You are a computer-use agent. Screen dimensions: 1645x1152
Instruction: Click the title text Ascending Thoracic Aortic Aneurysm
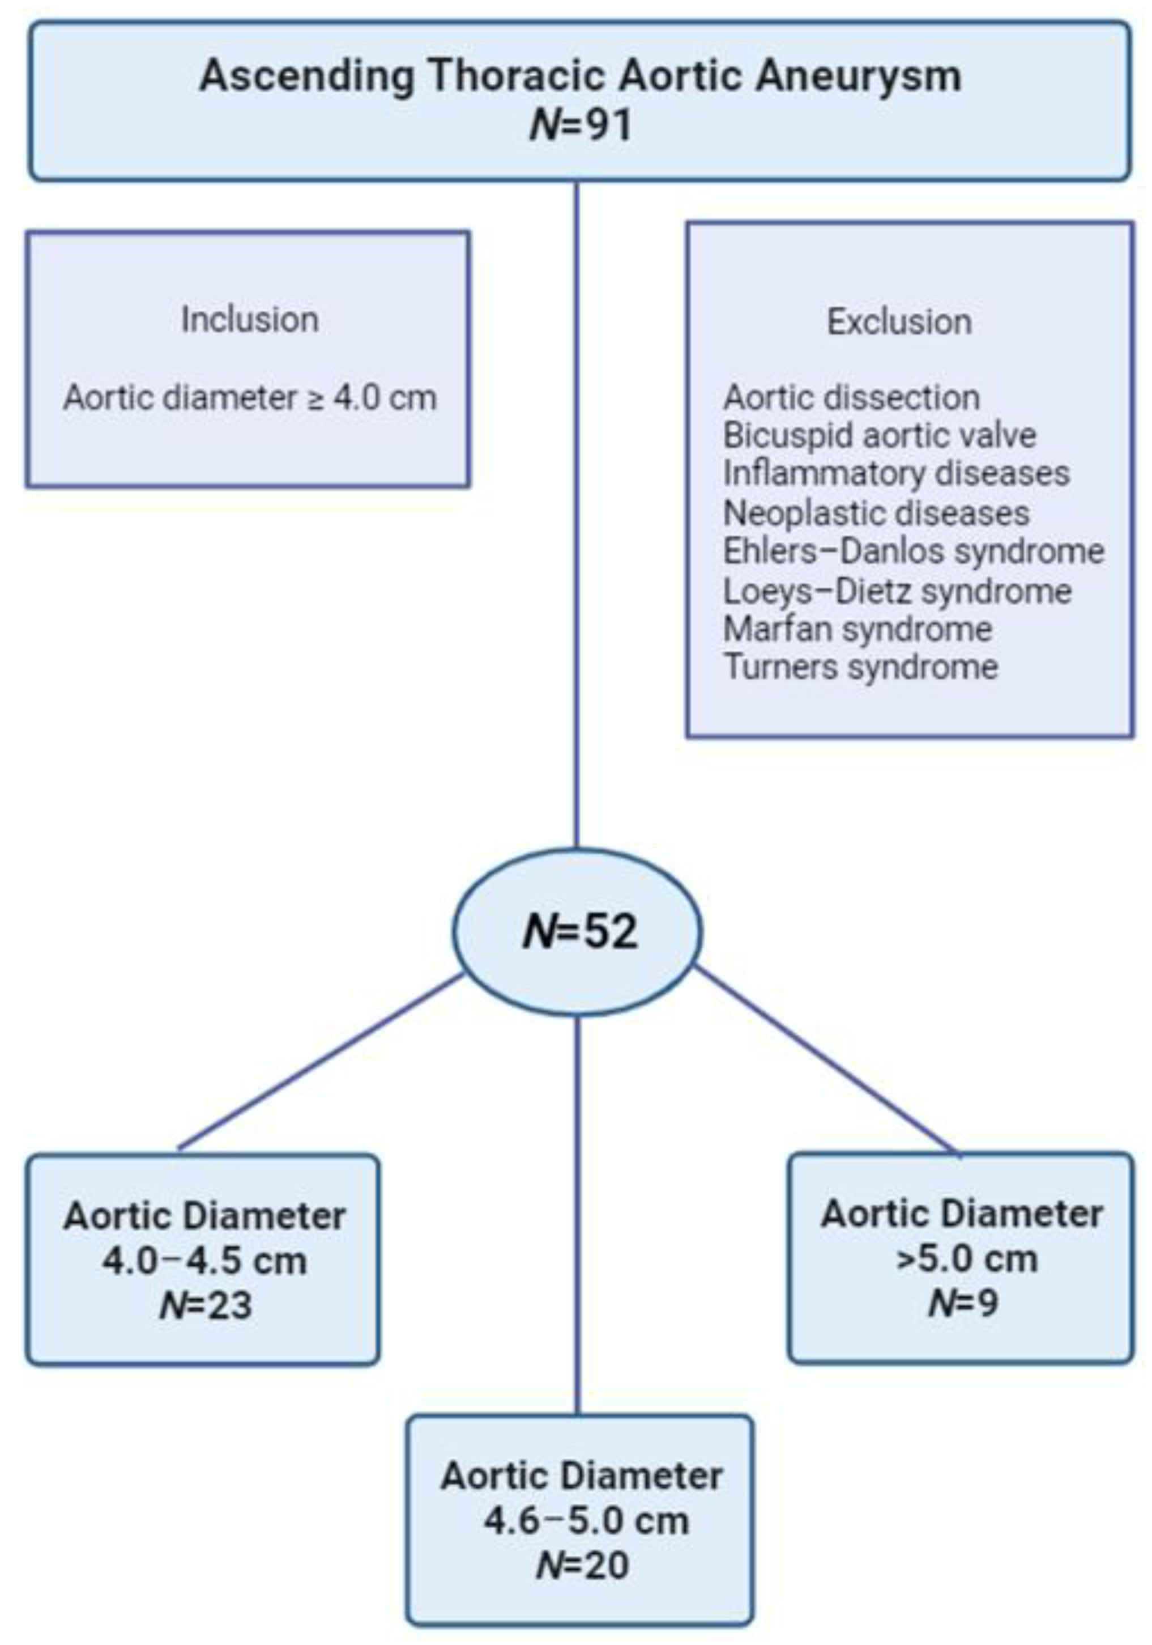pyautogui.click(x=580, y=76)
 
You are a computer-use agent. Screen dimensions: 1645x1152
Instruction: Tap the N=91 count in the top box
pyautogui.click(x=580, y=125)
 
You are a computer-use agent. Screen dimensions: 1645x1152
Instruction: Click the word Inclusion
pyautogui.click(x=249, y=320)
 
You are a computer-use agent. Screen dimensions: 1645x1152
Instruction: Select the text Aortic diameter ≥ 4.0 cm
pyautogui.click(x=249, y=397)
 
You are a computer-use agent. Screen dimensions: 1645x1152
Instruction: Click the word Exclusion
pyautogui.click(x=899, y=322)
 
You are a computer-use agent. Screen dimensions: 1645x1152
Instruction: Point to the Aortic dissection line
pyautogui.click(x=851, y=397)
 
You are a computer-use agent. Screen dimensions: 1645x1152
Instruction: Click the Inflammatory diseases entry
pyautogui.click(x=897, y=473)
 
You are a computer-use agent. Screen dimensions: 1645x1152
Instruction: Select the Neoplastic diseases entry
pyautogui.click(x=876, y=513)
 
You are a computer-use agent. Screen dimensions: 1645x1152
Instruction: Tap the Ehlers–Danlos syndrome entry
pyautogui.click(x=914, y=551)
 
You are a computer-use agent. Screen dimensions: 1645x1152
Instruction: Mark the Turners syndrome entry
pyautogui.click(x=860, y=667)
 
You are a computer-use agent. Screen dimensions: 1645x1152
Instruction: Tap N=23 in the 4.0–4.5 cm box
pyautogui.click(x=206, y=1305)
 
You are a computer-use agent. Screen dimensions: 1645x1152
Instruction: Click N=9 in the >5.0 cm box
pyautogui.click(x=962, y=1302)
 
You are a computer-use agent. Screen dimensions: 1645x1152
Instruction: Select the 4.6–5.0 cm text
pyautogui.click(x=586, y=1521)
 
